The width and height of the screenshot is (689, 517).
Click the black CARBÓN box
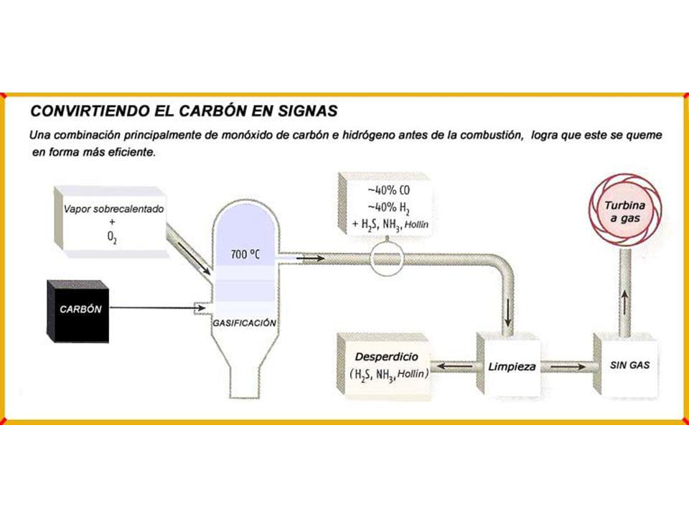click(x=78, y=311)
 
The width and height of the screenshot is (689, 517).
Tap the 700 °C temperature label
click(x=245, y=254)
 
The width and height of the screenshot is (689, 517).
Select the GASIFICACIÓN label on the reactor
click(x=244, y=323)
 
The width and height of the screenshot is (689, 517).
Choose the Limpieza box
click(x=510, y=365)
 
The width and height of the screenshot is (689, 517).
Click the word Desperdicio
click(x=386, y=357)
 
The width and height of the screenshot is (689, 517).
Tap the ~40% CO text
click(x=388, y=190)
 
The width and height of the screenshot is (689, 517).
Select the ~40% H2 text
click(x=388, y=207)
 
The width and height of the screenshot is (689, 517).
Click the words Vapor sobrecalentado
click(x=113, y=209)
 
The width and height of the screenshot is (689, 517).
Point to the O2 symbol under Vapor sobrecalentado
click(x=112, y=238)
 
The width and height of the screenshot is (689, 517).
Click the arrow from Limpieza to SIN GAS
click(x=568, y=366)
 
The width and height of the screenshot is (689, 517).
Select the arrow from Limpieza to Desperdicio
click(x=455, y=365)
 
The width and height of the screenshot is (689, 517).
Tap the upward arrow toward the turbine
click(x=624, y=302)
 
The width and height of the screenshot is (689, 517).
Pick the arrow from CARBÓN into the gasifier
click(x=157, y=308)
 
